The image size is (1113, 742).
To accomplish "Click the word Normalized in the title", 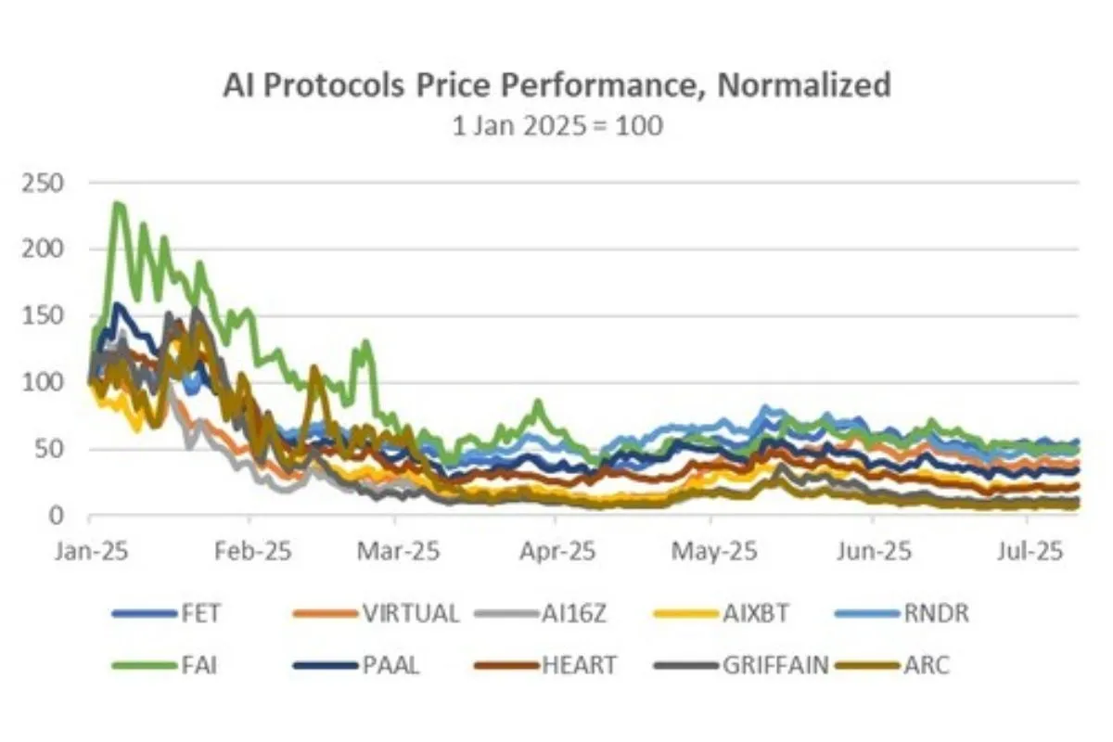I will pos(805,85).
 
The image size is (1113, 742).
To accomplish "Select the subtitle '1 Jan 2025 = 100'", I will pos(556,126).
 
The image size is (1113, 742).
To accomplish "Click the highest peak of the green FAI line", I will pos(118,203).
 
